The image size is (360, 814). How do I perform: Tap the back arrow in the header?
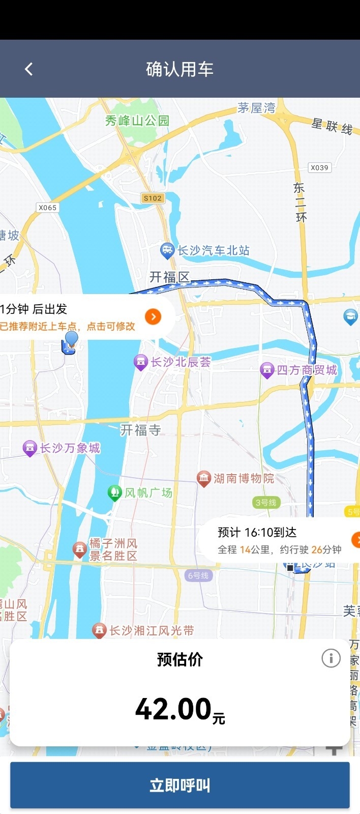click(28, 69)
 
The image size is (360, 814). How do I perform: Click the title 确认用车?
click(179, 69)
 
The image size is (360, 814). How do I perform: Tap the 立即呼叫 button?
click(179, 785)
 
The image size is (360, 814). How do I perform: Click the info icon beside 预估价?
click(331, 658)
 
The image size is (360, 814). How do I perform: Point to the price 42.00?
click(174, 709)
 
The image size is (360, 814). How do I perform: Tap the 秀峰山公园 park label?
click(137, 121)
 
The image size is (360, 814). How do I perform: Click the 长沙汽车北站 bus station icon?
click(167, 250)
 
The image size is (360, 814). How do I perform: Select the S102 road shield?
click(153, 198)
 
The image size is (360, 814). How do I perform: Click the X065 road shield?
click(48, 208)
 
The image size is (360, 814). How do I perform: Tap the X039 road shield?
click(319, 167)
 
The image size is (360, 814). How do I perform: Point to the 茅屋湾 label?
click(256, 108)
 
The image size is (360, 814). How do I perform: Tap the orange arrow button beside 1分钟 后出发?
click(153, 316)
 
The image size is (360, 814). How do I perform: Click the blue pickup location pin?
click(72, 339)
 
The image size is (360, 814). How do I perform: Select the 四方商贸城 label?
click(307, 370)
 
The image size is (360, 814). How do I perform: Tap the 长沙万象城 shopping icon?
click(30, 448)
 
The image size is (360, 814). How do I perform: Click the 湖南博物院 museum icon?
click(203, 478)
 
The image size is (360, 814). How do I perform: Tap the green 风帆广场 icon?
click(115, 492)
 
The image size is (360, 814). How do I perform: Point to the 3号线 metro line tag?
click(266, 503)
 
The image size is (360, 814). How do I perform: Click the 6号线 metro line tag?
click(198, 575)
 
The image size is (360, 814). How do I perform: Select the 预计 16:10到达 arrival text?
click(257, 532)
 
